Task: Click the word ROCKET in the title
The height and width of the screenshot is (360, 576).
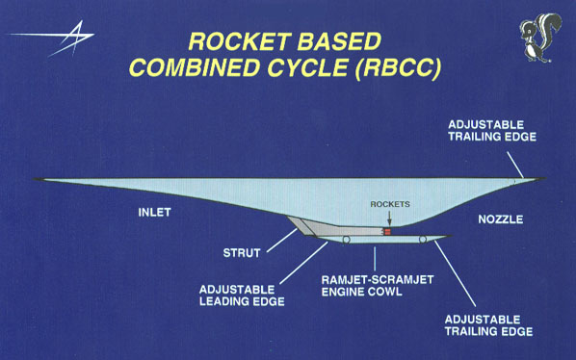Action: click(x=240, y=42)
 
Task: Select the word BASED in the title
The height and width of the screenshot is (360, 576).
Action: click(x=345, y=42)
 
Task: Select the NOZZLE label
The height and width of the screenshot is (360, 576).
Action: click(x=500, y=219)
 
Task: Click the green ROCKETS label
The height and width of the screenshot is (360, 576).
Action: click(x=389, y=204)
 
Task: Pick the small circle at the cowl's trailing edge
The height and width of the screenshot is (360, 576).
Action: click(x=424, y=238)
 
